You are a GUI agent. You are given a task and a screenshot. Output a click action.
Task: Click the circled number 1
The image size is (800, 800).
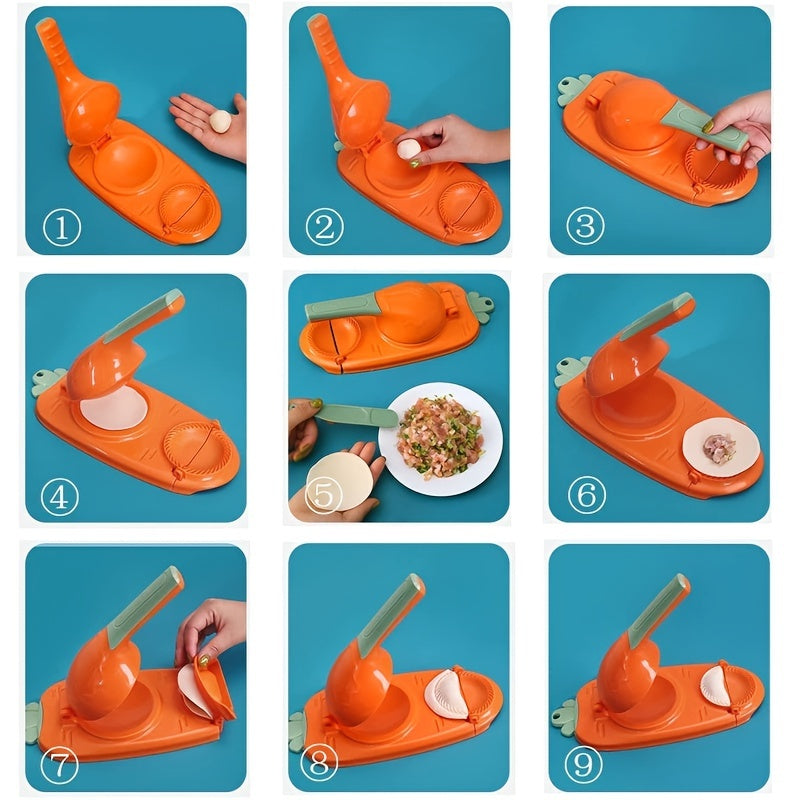tap(62, 227)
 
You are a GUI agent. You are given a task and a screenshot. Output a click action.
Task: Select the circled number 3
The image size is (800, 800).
tap(585, 226)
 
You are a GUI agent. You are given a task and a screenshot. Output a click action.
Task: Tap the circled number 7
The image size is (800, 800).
tap(59, 765)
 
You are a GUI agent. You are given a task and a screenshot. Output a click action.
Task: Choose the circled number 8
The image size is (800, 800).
tap(323, 765)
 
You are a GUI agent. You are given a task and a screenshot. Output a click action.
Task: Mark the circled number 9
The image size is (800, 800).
tap(586, 765)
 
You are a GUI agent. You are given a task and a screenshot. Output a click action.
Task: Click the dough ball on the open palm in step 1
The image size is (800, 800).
tap(219, 122)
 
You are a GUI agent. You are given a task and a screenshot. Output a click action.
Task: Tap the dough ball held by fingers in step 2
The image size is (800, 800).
tap(408, 149)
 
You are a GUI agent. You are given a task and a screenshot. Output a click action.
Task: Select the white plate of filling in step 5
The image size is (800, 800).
tap(440, 438)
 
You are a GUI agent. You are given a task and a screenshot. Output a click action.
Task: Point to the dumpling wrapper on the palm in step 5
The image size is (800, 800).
tap(340, 480)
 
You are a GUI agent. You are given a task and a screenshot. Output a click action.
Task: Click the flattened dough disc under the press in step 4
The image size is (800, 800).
tap(112, 408)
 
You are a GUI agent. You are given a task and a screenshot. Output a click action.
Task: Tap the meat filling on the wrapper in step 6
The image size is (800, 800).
tap(718, 447)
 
